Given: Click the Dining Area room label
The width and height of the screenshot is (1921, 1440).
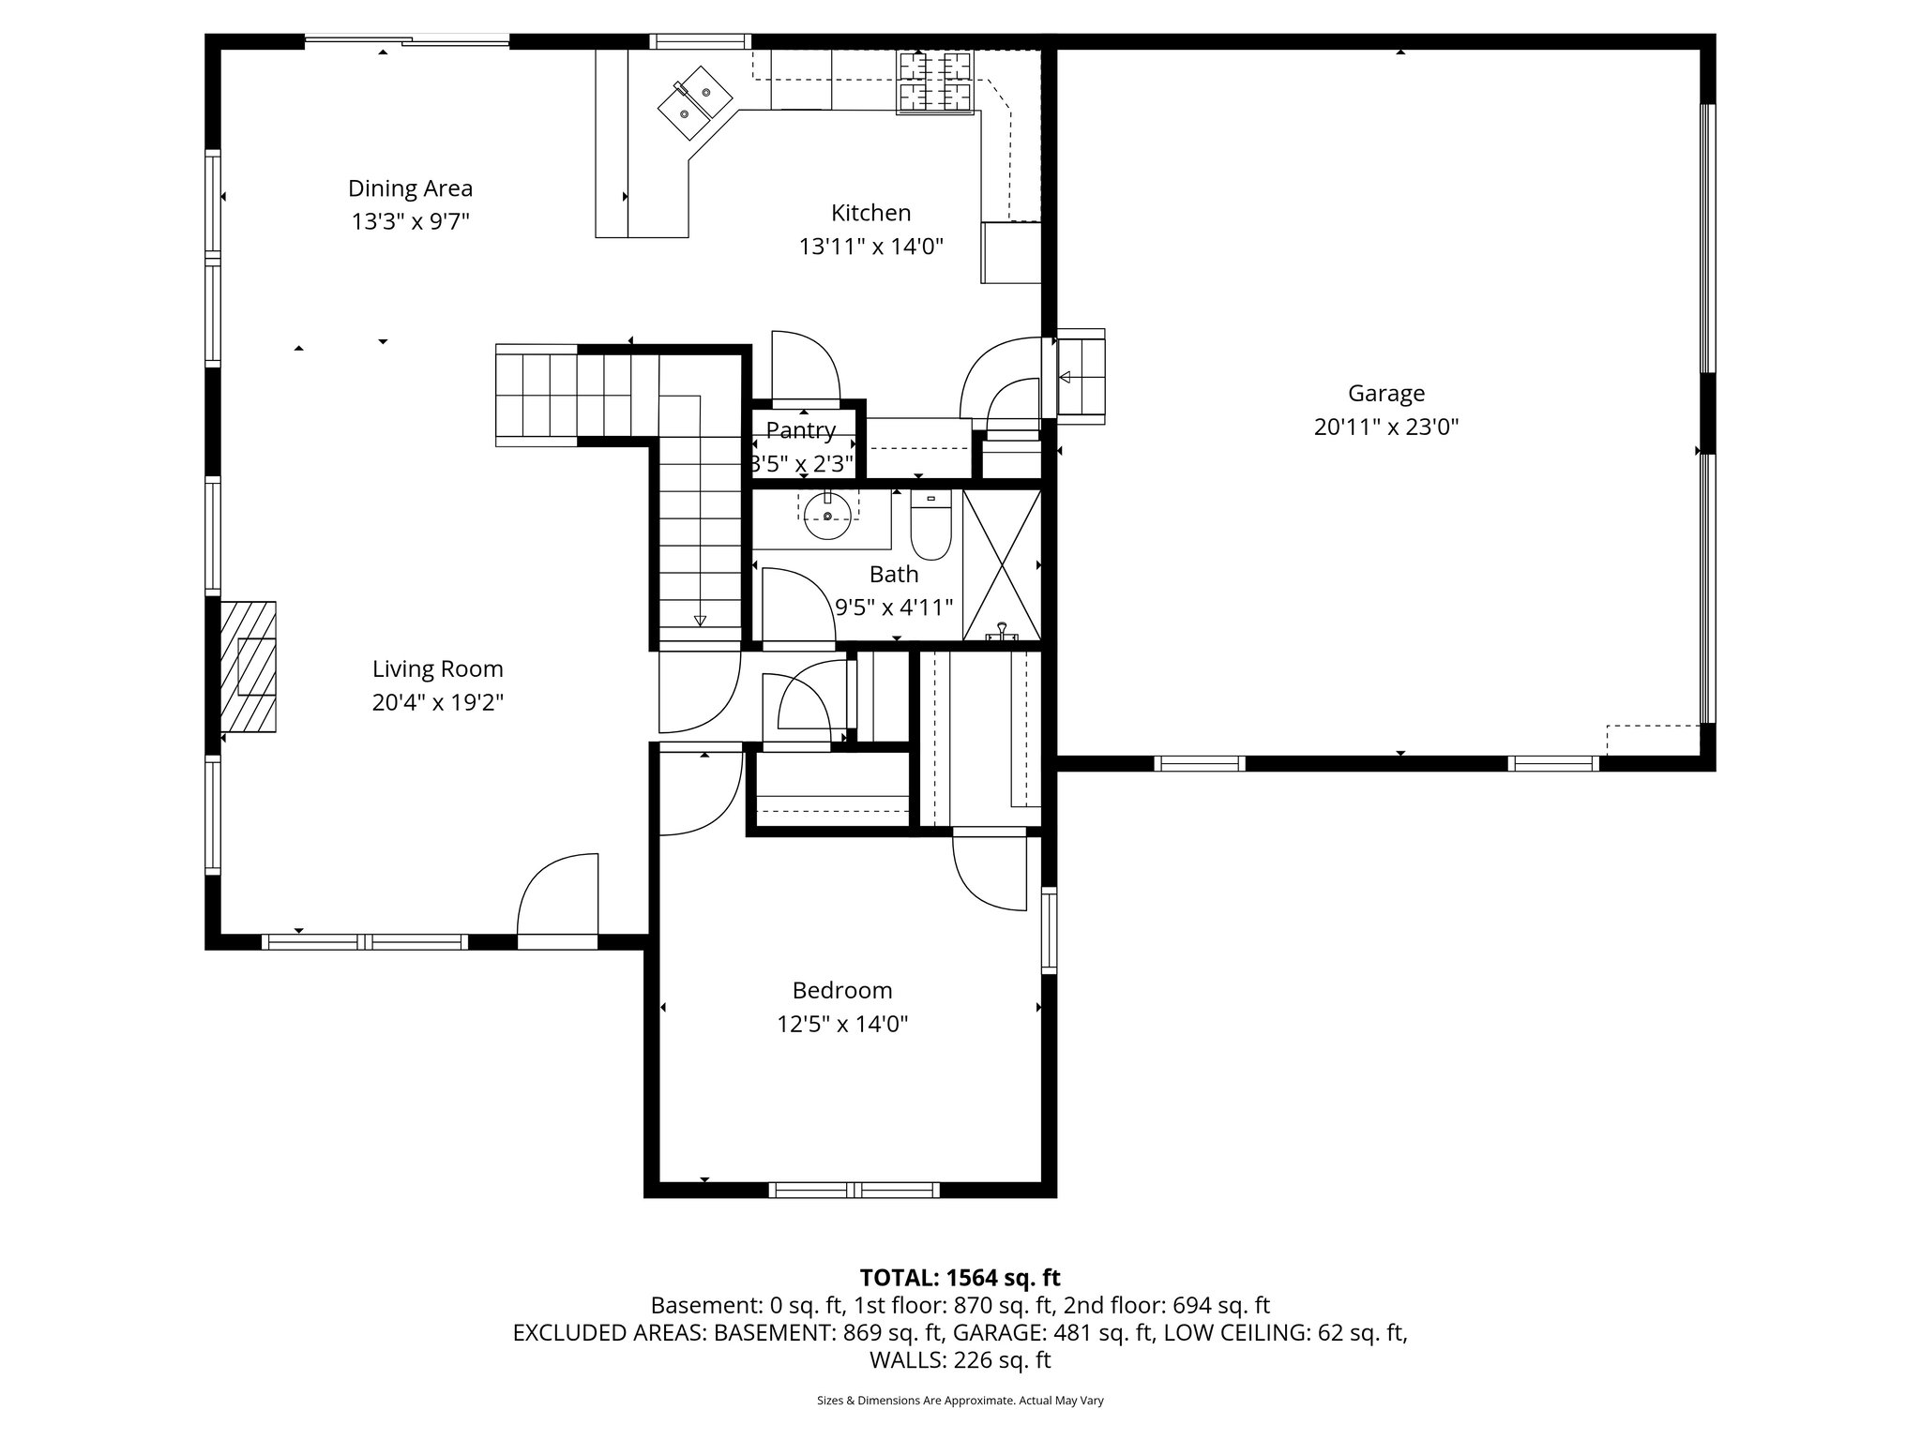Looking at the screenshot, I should [410, 188].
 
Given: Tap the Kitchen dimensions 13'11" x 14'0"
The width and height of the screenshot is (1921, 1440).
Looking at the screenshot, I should [870, 247].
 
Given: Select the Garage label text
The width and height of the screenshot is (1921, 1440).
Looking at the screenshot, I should [1385, 393].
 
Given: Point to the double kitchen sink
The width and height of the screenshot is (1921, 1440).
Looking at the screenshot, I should [694, 103].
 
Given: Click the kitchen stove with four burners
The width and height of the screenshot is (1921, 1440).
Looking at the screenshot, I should [935, 82].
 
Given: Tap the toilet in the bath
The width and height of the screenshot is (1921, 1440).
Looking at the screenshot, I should [930, 528].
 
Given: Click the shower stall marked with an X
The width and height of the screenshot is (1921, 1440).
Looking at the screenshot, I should [1002, 565].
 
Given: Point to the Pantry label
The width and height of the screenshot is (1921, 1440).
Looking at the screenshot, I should [800, 430].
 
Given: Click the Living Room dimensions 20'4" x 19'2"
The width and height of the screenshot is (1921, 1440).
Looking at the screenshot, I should [438, 702].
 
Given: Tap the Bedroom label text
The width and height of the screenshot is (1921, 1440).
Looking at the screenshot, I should [841, 990].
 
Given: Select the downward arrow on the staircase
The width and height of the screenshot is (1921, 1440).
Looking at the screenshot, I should [700, 620].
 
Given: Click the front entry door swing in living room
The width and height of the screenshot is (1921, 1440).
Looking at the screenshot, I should [558, 895].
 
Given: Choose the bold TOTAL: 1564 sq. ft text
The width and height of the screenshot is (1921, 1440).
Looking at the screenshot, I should [960, 1277].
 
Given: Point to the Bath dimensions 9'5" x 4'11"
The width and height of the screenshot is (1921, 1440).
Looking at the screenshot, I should [894, 607].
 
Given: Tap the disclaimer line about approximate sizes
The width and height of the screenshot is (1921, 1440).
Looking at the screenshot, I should [960, 1401].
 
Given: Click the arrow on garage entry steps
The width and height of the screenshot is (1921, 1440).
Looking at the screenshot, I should [1065, 378].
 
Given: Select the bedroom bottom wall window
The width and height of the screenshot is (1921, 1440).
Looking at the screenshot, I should [854, 1190].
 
